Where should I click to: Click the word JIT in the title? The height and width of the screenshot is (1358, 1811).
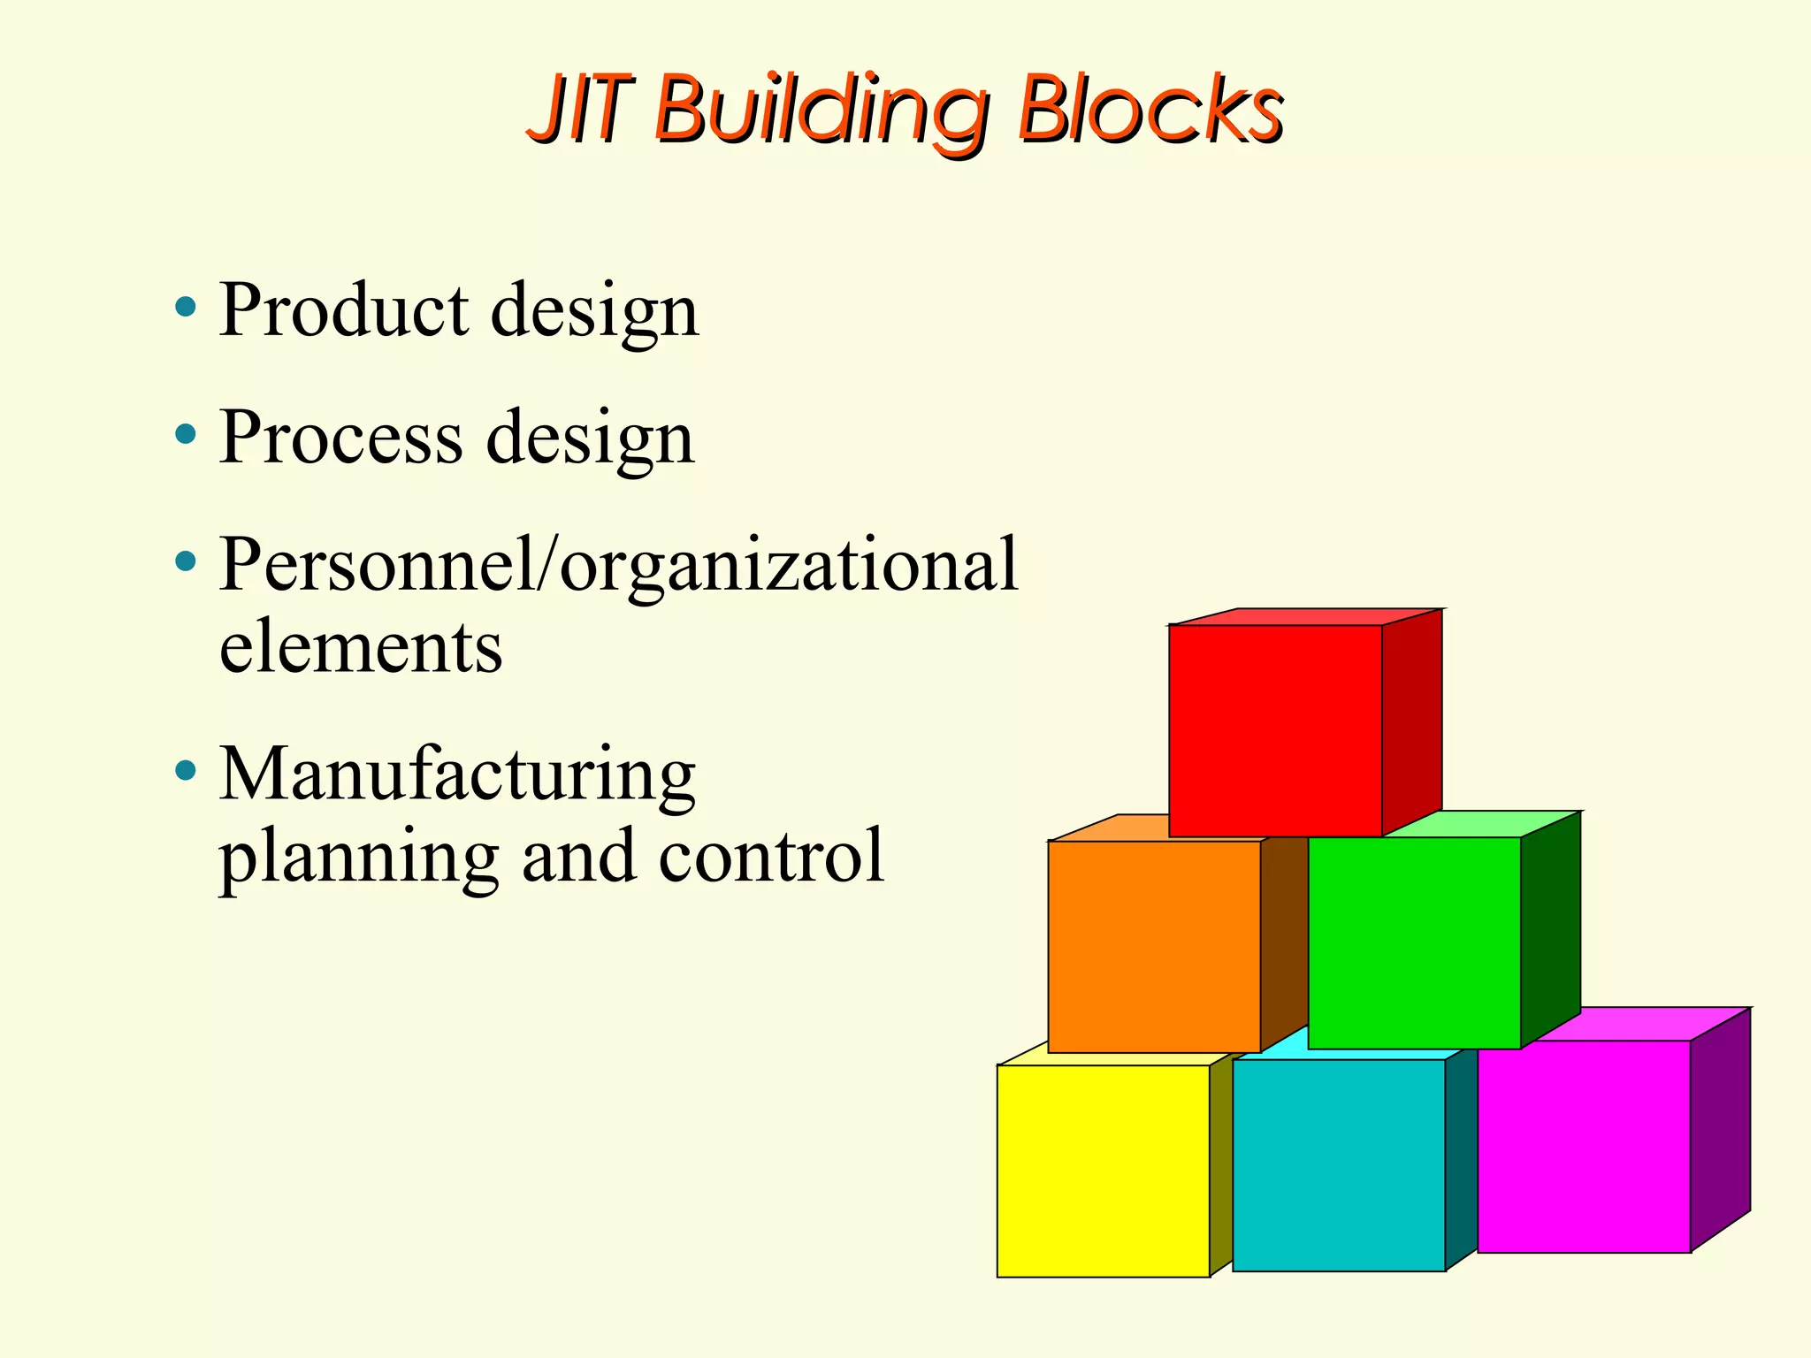point(584,110)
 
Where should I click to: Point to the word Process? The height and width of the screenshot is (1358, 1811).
point(340,437)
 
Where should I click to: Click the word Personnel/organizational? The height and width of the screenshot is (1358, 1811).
point(618,566)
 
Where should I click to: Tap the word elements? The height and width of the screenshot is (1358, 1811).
point(361,647)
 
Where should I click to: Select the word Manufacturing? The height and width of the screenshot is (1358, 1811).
point(457,774)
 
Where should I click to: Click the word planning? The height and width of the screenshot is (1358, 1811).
point(359,858)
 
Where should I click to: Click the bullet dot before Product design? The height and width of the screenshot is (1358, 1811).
point(185,308)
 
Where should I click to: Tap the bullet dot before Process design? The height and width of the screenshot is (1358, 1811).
point(185,434)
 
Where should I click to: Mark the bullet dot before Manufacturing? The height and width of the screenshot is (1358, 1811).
point(185,771)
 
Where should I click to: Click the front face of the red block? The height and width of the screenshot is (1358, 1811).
point(1275,730)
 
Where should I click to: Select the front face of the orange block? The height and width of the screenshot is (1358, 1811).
point(1154,946)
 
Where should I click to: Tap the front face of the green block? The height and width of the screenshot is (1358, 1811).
point(1414,942)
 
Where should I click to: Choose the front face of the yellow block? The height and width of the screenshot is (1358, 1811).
point(1103,1171)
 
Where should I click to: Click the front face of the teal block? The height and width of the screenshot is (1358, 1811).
point(1339,1165)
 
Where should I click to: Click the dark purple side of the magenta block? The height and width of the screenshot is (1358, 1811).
point(1720,1132)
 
